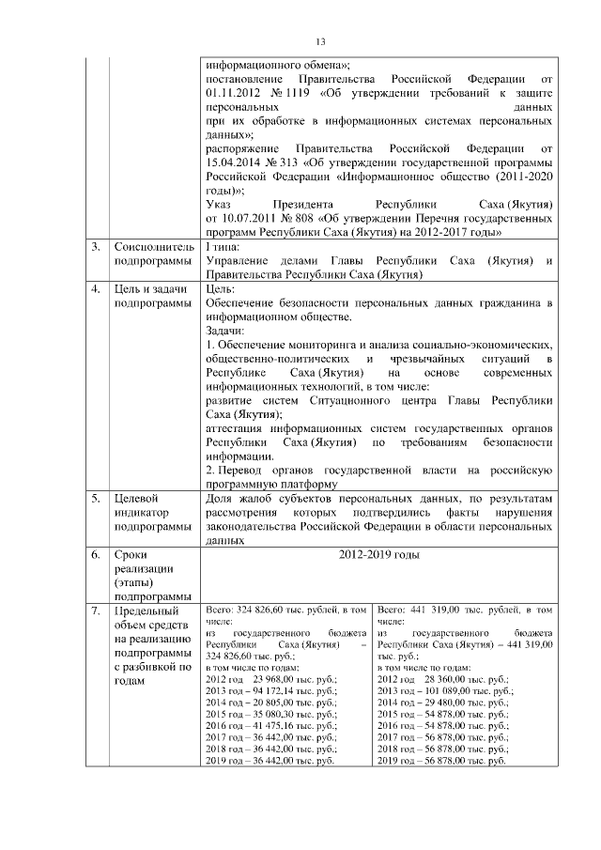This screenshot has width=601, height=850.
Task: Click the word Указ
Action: click(x=218, y=206)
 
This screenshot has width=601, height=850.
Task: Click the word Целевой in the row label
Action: click(x=135, y=499)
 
